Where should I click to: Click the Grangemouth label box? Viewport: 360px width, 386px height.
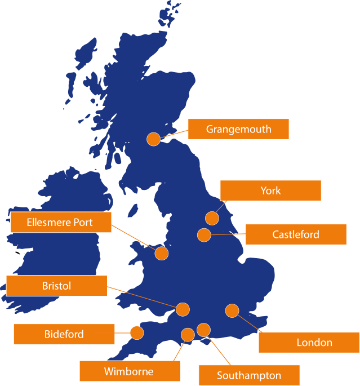238,129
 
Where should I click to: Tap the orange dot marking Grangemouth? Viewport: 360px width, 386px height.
153,139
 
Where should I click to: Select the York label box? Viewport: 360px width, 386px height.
270,190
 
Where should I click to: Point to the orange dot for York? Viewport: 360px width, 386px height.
212,218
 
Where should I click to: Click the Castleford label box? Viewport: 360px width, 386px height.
296,234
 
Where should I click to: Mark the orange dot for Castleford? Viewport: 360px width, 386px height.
204,235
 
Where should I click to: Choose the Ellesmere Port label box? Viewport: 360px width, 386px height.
61,223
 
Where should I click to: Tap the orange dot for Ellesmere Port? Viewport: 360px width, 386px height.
162,253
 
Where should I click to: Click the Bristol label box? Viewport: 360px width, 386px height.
56,286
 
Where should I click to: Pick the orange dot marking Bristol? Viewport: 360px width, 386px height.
183,309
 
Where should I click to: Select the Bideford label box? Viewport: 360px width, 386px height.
64,334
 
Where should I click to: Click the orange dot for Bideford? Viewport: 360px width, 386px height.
136,332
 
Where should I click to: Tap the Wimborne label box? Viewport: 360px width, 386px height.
129,371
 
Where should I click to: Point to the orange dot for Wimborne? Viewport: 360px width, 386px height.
188,335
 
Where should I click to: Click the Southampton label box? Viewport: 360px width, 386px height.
248,375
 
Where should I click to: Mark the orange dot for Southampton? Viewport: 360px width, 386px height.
203,330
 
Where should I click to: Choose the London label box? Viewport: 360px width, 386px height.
309,342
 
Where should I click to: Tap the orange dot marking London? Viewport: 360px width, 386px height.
232,310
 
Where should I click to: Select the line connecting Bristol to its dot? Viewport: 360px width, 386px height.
141,296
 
